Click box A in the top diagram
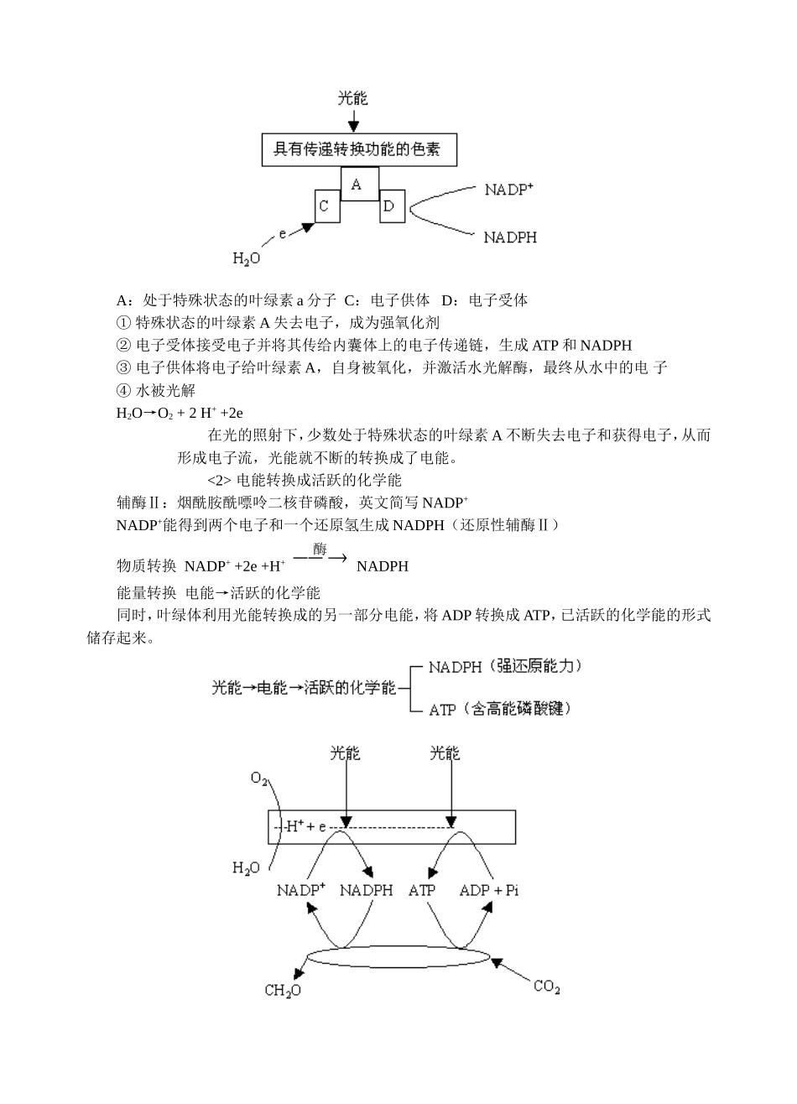[x=359, y=184]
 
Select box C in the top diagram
[x=327, y=206]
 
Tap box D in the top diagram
[x=392, y=206]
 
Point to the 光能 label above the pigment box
[x=353, y=99]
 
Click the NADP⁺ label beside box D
[x=509, y=190]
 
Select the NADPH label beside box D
[x=510, y=237]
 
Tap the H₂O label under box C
[x=247, y=259]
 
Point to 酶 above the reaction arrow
[x=320, y=549]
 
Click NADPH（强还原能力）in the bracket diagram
[x=504, y=667]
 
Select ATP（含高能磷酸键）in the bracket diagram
[x=500, y=710]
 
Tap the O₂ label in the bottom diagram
[x=259, y=779]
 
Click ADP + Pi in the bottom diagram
[x=489, y=890]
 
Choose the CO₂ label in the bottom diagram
[x=546, y=987]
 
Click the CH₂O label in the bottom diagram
[x=283, y=991]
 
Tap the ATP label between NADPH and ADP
[x=422, y=890]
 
